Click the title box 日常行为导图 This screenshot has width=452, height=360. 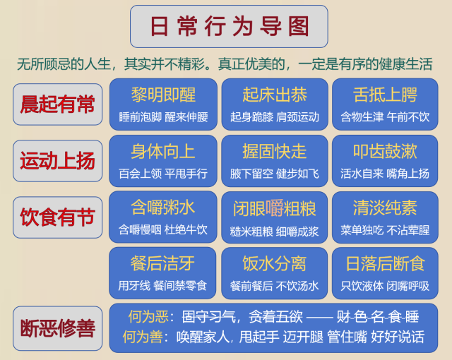[x=229, y=26]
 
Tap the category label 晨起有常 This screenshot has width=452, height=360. [x=57, y=104]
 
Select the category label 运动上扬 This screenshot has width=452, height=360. [x=57, y=161]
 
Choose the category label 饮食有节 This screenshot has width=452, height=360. [x=57, y=217]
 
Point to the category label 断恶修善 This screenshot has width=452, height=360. [x=57, y=328]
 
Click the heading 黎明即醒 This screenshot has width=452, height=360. [x=163, y=95]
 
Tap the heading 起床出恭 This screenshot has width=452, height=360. [x=275, y=95]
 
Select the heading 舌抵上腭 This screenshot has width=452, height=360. [x=385, y=95]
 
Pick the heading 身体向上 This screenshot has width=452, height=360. [x=163, y=151]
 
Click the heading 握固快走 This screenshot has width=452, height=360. [x=275, y=151]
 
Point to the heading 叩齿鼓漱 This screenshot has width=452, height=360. [x=385, y=151]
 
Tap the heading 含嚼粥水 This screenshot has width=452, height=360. [x=163, y=207]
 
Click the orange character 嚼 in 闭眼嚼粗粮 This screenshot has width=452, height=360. [x=275, y=208]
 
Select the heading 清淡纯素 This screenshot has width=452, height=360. [x=385, y=208]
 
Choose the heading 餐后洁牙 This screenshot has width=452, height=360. [x=162, y=263]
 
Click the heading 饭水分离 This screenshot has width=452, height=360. [x=275, y=263]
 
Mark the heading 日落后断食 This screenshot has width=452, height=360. [x=385, y=263]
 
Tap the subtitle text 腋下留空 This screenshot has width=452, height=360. [x=251, y=174]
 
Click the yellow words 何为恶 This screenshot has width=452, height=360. [x=148, y=316]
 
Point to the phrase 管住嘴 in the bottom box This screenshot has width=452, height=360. [x=347, y=337]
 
